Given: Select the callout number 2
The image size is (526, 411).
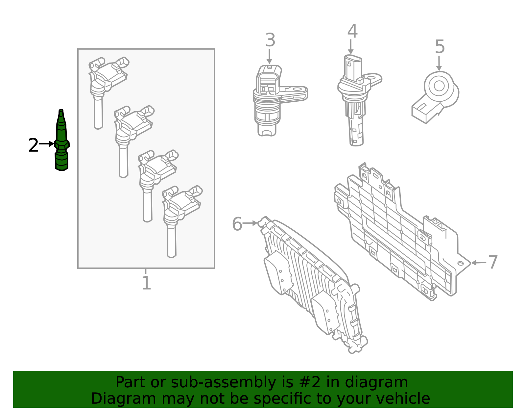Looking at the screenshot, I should (33, 145).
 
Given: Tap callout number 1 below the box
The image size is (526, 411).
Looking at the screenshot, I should (146, 283).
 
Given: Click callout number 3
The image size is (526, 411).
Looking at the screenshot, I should (270, 40).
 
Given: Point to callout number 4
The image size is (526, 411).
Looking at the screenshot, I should (352, 32).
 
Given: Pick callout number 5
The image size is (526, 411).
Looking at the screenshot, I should (440, 47).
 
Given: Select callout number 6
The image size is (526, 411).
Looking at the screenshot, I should (237, 224).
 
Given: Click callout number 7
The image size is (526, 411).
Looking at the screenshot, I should (492, 262).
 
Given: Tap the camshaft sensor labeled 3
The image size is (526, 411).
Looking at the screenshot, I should (273, 99).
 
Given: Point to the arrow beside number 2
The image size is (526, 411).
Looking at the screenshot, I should (47, 144).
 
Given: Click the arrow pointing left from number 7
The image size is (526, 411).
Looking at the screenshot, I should (478, 263).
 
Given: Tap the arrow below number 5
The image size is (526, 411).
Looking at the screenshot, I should (439, 63).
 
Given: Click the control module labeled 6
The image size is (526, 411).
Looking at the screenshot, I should (312, 286).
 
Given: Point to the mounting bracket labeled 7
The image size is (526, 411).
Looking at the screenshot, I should (394, 230).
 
